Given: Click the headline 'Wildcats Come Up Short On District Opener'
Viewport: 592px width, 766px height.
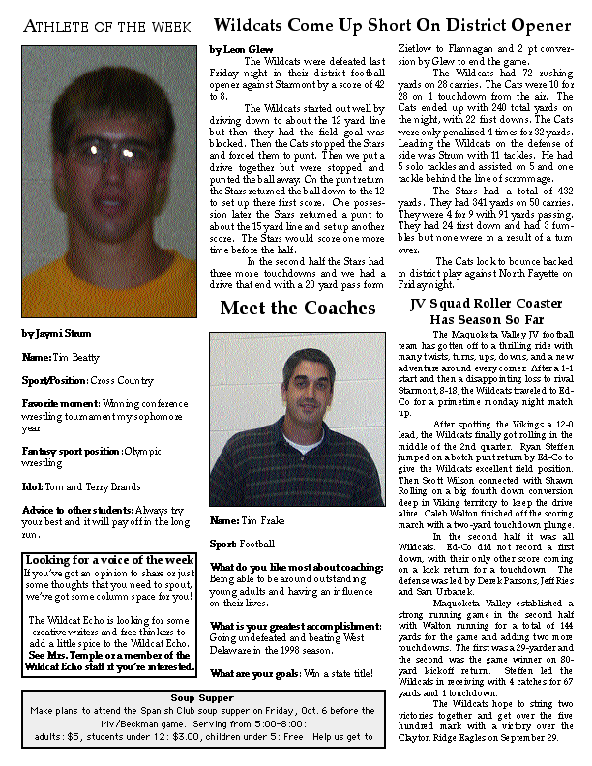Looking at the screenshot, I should point(392,25).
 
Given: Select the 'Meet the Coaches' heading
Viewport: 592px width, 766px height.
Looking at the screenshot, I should point(297,309).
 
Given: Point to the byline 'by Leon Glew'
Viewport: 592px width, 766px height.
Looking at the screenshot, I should point(241,48).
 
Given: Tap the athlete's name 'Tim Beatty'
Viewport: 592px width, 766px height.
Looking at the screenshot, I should point(76,357).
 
